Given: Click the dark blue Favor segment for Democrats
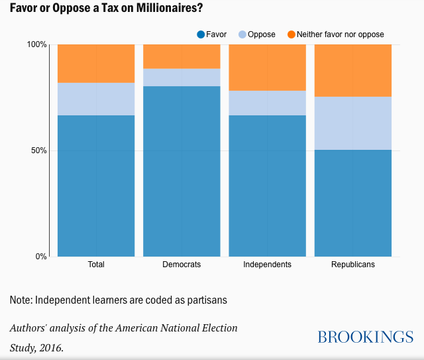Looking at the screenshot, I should coord(182,171).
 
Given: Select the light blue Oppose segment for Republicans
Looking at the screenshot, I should coord(352,123).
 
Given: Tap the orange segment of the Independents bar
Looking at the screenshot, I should coord(267,67).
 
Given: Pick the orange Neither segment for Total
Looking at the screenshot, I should coord(96,63).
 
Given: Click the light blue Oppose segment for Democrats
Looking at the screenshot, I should coord(182,77).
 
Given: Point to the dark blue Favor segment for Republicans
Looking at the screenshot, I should coord(352,203).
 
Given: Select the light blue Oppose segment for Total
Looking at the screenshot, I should coord(96,99).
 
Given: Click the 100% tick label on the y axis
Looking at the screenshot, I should coord(36,44).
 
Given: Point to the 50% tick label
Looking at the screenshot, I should coord(38,150).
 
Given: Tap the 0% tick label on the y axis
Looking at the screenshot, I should coord(40,257).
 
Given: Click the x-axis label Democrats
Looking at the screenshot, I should coord(182,265).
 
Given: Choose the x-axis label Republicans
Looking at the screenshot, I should coord(352,265).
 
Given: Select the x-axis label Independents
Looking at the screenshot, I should coord(267,265).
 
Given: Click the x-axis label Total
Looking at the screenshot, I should coord(96,265).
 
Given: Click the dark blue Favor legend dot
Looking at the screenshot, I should coord(201,34).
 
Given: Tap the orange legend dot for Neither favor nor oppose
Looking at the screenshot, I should coord(291,34).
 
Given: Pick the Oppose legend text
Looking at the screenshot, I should coord(261,34).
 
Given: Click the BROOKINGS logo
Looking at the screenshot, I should coord(365,337).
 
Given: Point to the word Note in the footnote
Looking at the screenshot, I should coord(20,300).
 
